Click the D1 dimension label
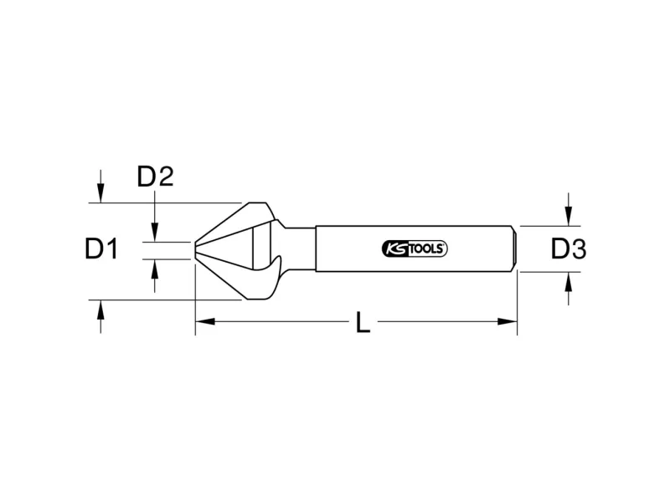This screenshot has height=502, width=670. (x=101, y=249)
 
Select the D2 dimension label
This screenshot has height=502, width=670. (x=155, y=177)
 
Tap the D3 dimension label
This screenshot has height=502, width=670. (x=569, y=249)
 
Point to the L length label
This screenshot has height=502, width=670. (x=363, y=322)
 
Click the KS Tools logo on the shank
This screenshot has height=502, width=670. (x=415, y=248)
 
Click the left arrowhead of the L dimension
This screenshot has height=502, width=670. (x=205, y=321)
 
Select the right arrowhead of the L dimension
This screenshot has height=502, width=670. (x=508, y=321)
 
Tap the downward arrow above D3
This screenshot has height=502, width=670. (x=568, y=209)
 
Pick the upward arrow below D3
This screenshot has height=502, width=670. (x=568, y=289)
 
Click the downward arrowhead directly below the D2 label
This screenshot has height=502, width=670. (x=155, y=232)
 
